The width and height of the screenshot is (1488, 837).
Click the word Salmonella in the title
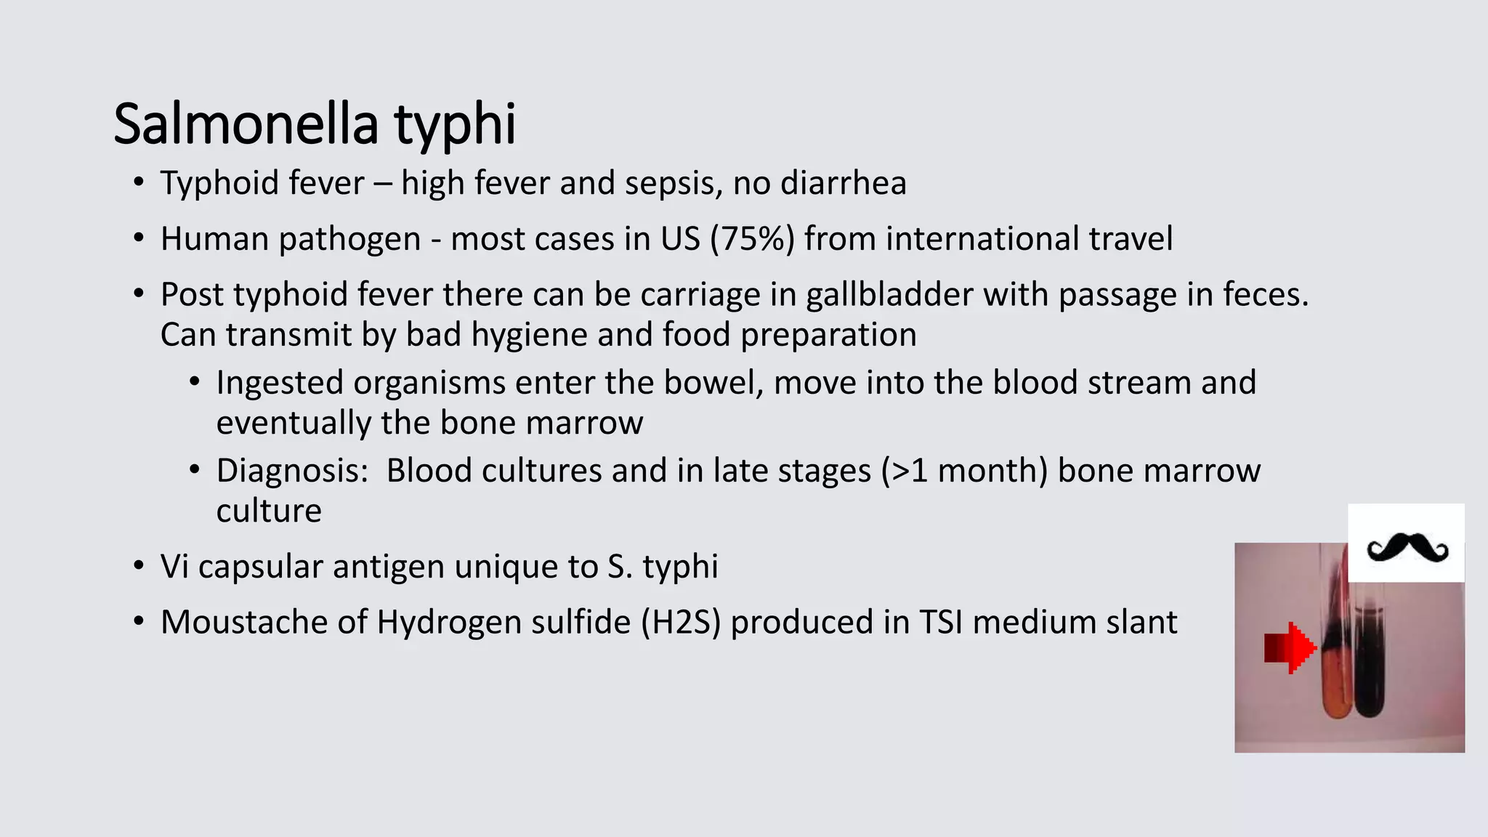tap(246, 124)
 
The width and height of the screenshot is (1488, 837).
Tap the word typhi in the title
tap(455, 125)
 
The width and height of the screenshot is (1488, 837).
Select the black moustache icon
tap(1407, 547)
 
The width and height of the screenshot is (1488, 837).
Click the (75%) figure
tap(752, 239)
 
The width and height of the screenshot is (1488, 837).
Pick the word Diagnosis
tap(292, 471)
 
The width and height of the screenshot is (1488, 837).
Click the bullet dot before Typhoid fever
tap(138, 182)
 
